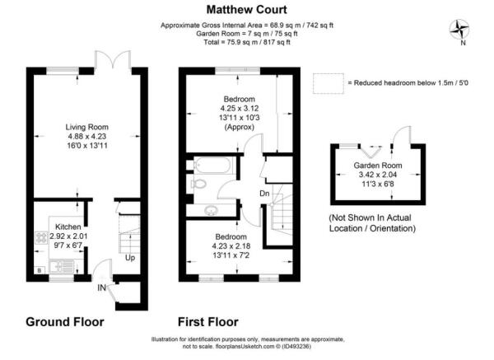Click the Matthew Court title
(246, 10)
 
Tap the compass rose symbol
(459, 30)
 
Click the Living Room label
(87, 127)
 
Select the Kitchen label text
(68, 227)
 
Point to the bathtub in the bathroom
(213, 166)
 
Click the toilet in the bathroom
(198, 184)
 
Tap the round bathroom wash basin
(211, 210)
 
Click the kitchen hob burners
(42, 238)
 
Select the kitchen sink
(62, 266)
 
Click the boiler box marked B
(40, 270)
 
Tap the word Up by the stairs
(130, 258)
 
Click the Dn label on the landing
(264, 194)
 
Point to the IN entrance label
(102, 288)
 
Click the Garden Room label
(378, 166)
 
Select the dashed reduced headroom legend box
(329, 83)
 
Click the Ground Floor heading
(65, 322)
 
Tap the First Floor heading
(208, 322)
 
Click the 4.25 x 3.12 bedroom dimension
(240, 109)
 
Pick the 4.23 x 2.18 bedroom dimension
(231, 245)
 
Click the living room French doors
(113, 59)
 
